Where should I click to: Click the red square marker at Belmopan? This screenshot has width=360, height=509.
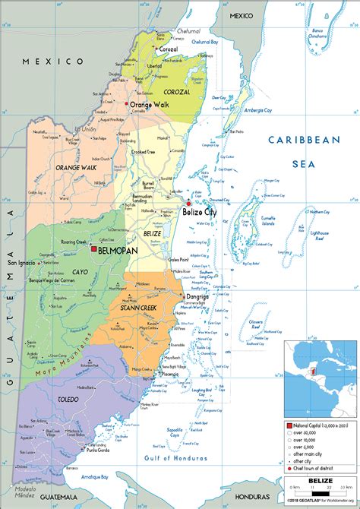point(93,248)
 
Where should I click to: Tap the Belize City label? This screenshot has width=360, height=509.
point(199,213)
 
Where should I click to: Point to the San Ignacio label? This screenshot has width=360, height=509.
point(21,264)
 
